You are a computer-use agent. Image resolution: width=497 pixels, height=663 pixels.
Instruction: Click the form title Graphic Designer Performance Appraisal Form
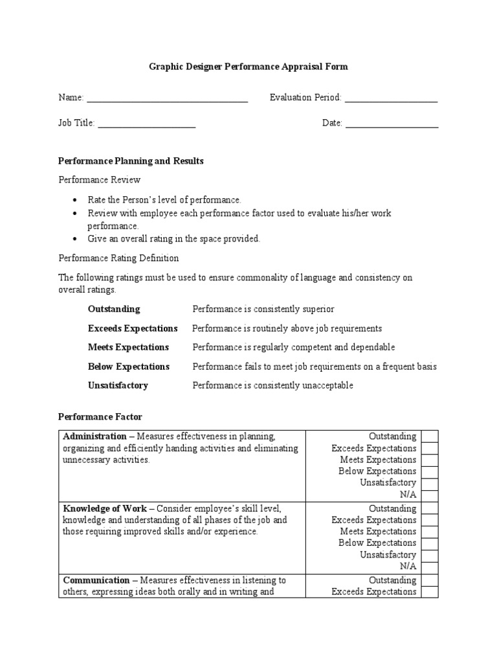[x=248, y=67]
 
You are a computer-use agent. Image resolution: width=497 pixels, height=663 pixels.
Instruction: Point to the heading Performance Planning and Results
[x=131, y=161]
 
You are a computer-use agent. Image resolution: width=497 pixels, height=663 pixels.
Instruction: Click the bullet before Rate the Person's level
[x=75, y=200]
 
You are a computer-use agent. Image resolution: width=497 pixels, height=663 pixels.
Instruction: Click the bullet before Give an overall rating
[x=75, y=239]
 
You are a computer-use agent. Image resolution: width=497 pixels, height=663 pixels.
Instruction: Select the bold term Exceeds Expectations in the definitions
[x=133, y=328]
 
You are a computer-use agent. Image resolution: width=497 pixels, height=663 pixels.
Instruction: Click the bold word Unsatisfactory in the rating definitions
[x=118, y=385]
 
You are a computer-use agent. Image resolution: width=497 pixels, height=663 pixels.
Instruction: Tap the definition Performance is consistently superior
[x=263, y=309]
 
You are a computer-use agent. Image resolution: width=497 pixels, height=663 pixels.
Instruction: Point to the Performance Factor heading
[x=100, y=417]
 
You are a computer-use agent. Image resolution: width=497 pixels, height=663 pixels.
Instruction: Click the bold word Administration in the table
[x=94, y=436]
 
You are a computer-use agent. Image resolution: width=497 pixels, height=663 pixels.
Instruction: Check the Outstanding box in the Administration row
[x=430, y=436]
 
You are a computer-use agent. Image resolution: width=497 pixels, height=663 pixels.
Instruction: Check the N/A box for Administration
[x=430, y=494]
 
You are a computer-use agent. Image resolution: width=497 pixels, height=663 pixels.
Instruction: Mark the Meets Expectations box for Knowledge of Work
[x=430, y=532]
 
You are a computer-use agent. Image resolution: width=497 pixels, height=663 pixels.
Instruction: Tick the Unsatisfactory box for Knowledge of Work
[x=430, y=555]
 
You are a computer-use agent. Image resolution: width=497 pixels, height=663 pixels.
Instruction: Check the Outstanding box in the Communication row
[x=430, y=580]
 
